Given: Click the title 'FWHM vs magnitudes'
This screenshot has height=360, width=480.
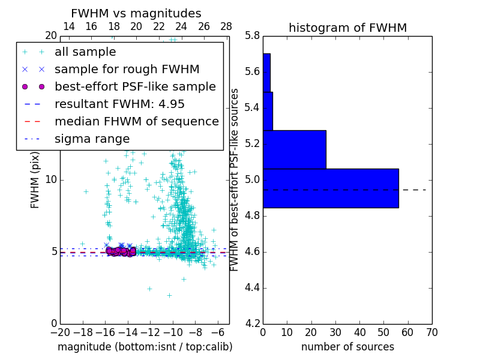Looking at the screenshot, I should click(136, 13).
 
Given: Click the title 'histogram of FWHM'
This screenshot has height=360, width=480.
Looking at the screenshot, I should click(347, 28).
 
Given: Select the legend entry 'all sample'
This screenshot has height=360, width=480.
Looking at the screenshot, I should click(85, 52).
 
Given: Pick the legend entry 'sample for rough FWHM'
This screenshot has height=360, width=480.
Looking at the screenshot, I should click(127, 70).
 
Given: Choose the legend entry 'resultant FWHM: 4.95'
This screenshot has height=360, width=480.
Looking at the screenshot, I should click(119, 104).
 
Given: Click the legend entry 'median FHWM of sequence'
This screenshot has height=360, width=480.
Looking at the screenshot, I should click(136, 121).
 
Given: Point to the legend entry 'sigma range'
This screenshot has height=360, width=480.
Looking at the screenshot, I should click(92, 139).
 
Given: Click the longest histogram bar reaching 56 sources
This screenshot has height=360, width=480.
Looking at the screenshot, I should click(331, 188).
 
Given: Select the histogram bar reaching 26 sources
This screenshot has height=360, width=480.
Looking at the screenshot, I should click(294, 149).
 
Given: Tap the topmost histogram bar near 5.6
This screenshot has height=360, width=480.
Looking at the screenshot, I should click(266, 73).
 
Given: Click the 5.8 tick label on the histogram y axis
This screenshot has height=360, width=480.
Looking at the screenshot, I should click(252, 36).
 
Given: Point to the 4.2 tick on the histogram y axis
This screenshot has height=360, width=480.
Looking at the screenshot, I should click(252, 323).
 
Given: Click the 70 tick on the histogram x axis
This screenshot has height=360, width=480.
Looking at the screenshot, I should click(431, 332).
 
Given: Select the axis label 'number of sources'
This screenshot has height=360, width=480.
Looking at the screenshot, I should click(347, 347).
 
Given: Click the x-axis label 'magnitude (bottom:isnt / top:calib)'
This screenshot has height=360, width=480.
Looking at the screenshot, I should click(145, 347).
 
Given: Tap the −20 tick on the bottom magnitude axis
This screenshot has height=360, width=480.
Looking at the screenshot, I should click(60, 332).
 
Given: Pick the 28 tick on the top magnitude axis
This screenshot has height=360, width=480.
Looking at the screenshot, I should click(226, 26).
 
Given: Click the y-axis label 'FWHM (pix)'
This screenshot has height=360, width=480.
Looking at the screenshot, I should click(35, 179).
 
